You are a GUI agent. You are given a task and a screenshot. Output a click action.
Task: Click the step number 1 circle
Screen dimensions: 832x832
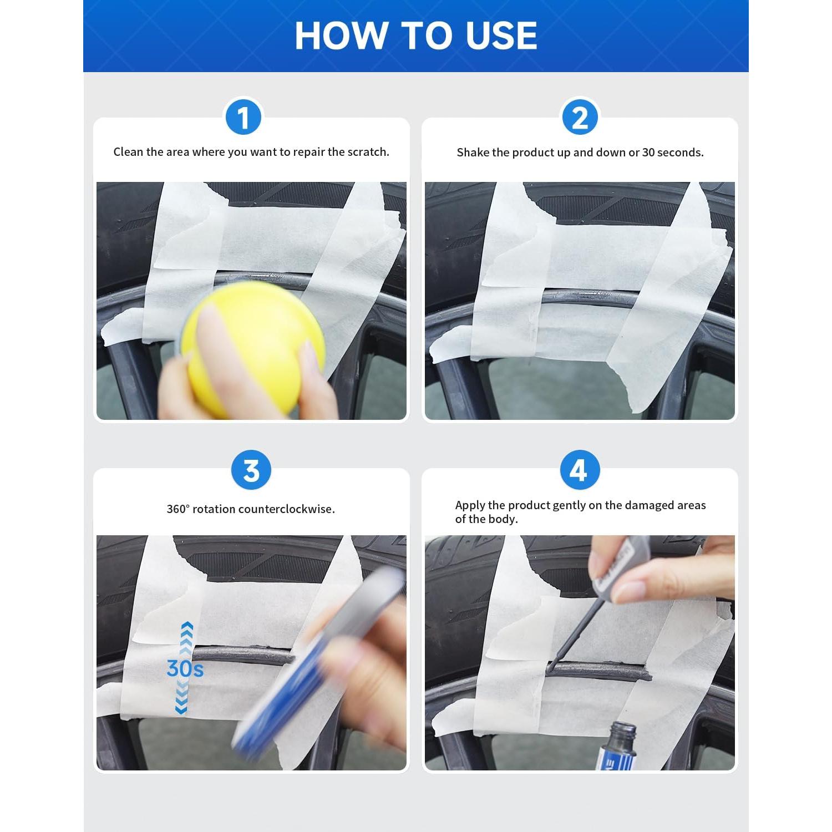tap(243, 118)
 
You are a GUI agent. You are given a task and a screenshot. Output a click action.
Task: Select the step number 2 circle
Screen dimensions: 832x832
tap(580, 118)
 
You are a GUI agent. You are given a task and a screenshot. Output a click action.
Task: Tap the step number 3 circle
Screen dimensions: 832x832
tap(251, 470)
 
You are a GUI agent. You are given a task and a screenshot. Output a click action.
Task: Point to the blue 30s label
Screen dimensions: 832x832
tap(185, 669)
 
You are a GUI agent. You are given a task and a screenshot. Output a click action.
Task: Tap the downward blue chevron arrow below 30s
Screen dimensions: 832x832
tap(181, 698)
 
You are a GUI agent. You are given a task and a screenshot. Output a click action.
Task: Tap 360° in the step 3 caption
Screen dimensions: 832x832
tap(178, 509)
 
